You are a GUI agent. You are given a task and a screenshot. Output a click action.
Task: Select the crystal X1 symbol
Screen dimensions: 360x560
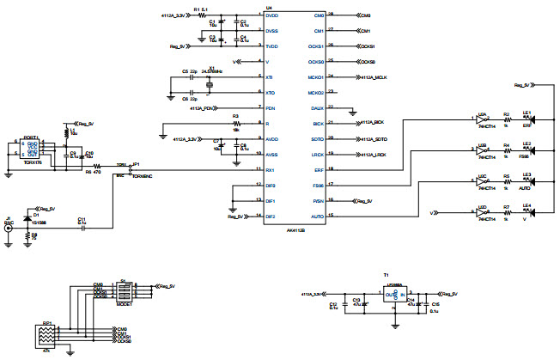click(x=210, y=84)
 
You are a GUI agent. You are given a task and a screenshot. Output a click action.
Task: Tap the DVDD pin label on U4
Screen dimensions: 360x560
click(x=272, y=15)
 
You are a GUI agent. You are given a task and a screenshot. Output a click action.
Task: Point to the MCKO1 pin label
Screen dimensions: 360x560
click(x=315, y=76)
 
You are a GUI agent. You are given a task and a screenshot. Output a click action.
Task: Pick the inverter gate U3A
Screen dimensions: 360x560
click(x=484, y=123)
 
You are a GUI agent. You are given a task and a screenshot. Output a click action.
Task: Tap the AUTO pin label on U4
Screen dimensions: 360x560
click(x=318, y=216)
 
